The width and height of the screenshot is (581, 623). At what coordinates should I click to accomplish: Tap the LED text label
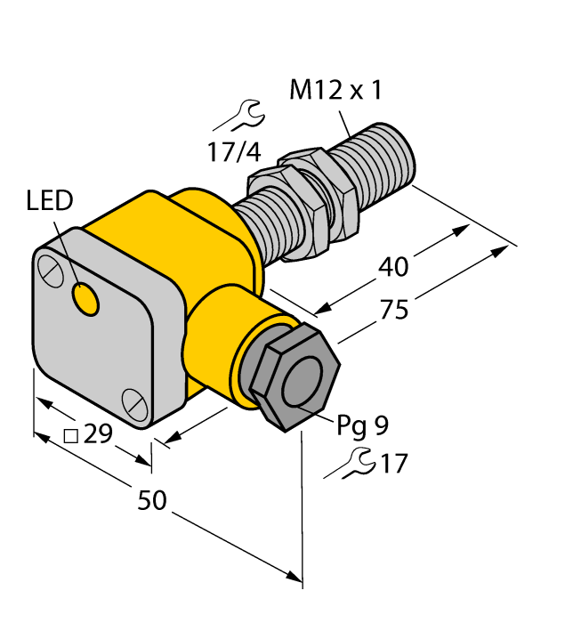pos(50,202)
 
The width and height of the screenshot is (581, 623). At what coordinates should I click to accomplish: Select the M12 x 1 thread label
pos(336,90)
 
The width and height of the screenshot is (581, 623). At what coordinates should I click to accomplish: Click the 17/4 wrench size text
pos(234,152)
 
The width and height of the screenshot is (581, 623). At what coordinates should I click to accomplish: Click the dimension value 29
pos(99,435)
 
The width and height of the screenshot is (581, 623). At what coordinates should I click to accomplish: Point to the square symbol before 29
pos(73,435)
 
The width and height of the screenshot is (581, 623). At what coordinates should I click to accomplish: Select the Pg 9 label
pos(362,426)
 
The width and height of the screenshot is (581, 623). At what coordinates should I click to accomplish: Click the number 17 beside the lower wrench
pos(392,464)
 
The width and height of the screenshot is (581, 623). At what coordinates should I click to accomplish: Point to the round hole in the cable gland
pos(302,384)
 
